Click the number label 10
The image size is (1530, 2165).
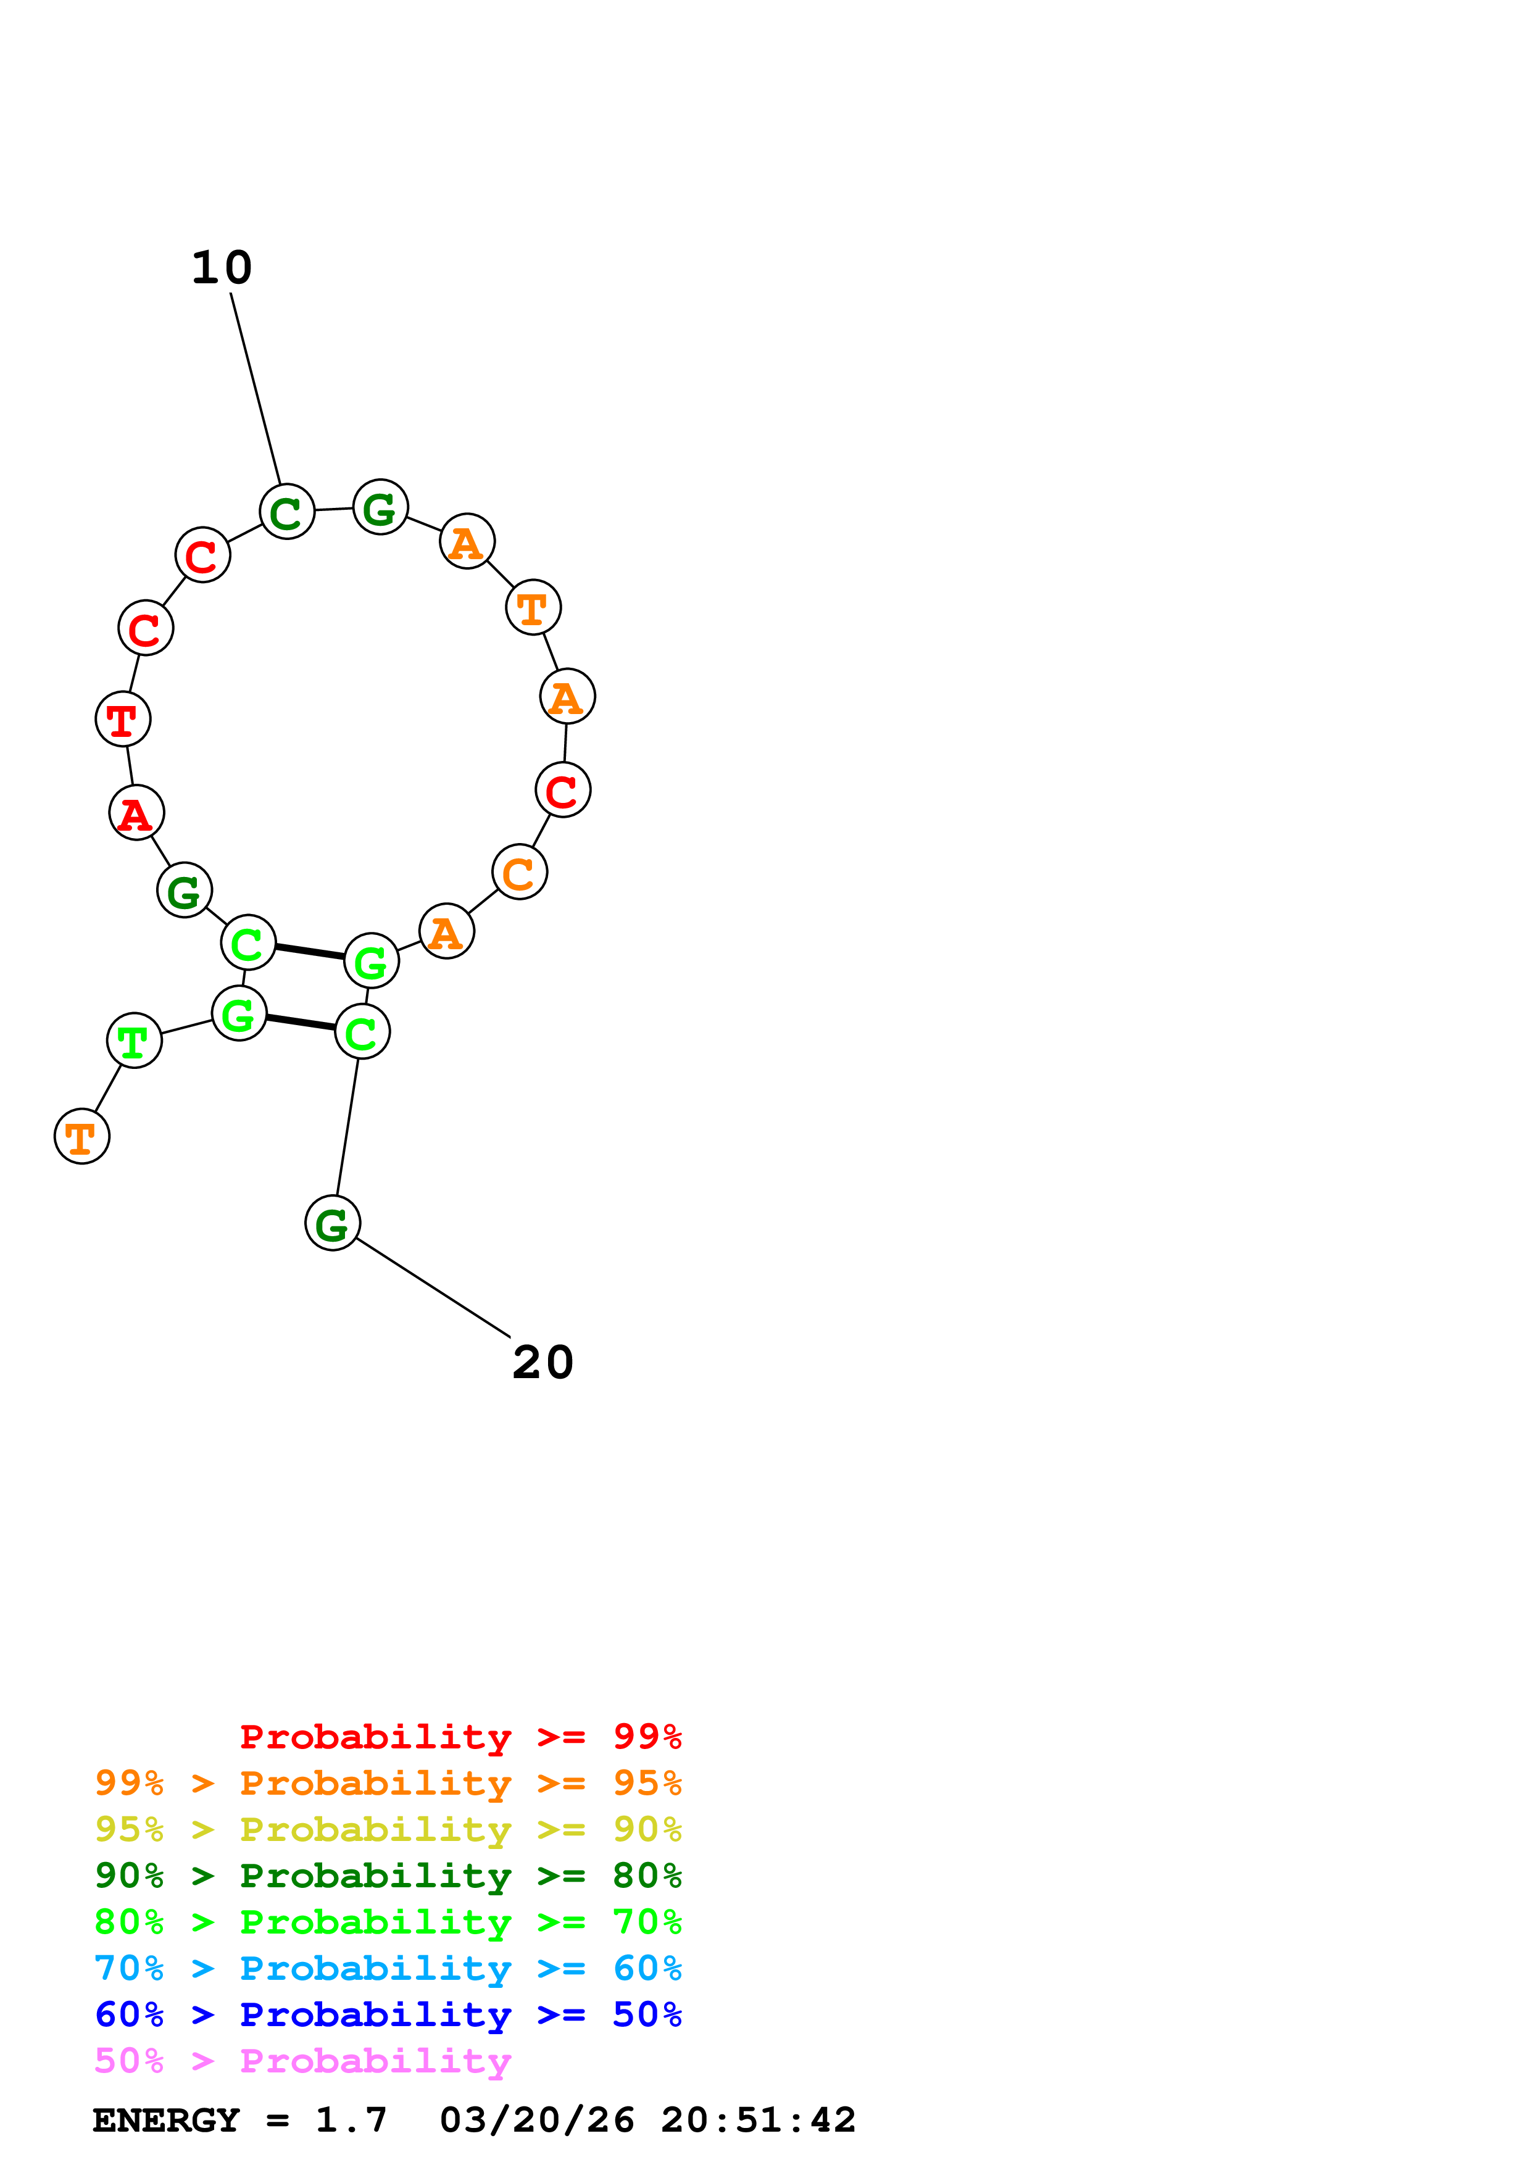pyautogui.click(x=222, y=268)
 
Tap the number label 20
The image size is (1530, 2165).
pyautogui.click(x=543, y=1363)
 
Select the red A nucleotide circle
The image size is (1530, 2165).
pyautogui.click(x=136, y=813)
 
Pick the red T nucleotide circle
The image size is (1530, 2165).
pyautogui.click(x=123, y=720)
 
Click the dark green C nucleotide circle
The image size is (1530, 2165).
pyautogui.click(x=286, y=512)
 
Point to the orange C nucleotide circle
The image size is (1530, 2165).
pyautogui.click(x=520, y=872)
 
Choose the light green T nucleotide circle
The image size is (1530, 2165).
pyautogui.click(x=135, y=1041)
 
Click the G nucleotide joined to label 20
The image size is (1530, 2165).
pyautogui.click(x=333, y=1223)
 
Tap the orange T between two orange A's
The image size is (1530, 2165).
pyautogui.click(x=534, y=607)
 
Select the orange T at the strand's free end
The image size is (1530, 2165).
pyautogui.click(x=82, y=1137)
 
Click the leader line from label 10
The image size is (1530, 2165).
pyautogui.click(x=256, y=388)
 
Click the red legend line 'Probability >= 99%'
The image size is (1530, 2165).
pyautogui.click(x=460, y=1737)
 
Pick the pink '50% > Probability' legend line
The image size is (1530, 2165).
pyautogui.click(x=302, y=2061)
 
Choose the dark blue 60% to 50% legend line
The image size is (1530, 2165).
pyautogui.click(x=388, y=2015)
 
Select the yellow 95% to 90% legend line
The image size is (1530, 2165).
pyautogui.click(x=388, y=1829)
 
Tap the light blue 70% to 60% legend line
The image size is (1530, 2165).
pyautogui.click(x=388, y=1969)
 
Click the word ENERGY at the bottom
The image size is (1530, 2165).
pyautogui.click(x=166, y=2121)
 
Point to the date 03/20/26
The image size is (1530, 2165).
pyautogui.click(x=536, y=2121)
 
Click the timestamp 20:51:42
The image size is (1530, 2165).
pyautogui.click(x=758, y=2121)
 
